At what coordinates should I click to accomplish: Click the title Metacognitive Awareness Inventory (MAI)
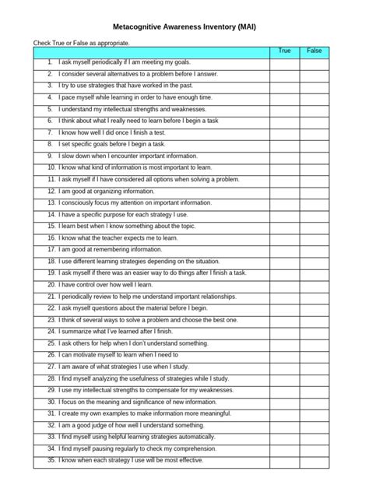[x=184, y=26]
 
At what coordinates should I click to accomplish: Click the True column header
[x=285, y=51]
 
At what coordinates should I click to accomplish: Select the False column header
[x=315, y=51]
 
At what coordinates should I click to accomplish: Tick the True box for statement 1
[x=285, y=61]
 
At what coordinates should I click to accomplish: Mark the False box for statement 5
[x=315, y=109]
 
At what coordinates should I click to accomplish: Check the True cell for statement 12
[x=285, y=190]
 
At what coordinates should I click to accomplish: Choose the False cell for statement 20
[x=315, y=285]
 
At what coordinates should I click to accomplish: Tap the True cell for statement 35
[x=285, y=461]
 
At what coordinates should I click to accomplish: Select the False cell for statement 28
[x=315, y=378]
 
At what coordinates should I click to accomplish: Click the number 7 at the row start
[x=50, y=132]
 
